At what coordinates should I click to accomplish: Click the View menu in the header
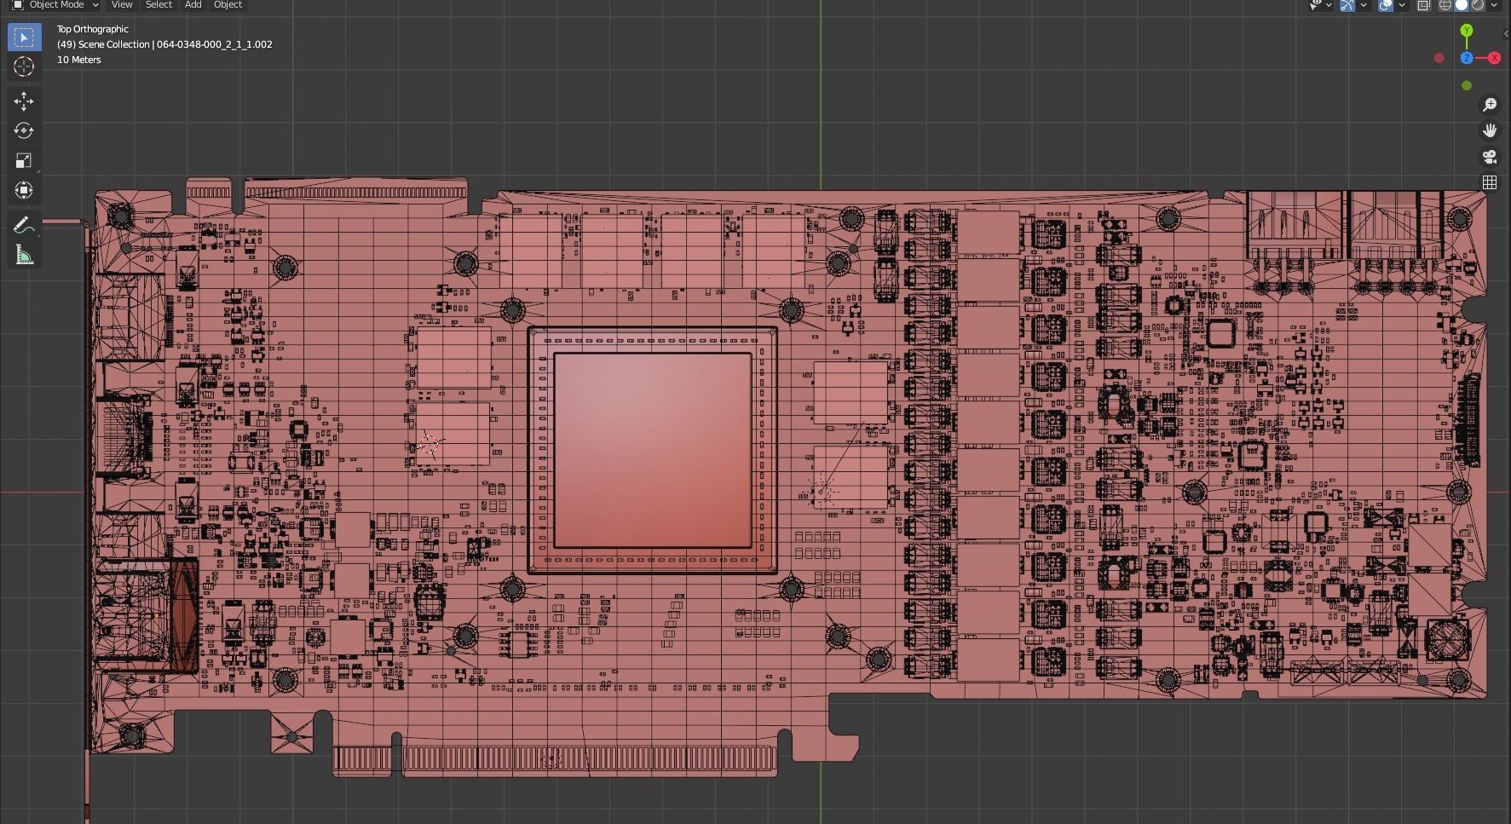pyautogui.click(x=122, y=5)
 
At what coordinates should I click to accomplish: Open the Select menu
pyautogui.click(x=159, y=5)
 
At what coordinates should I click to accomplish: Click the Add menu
pyautogui.click(x=193, y=5)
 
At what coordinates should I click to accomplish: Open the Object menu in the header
pyautogui.click(x=228, y=5)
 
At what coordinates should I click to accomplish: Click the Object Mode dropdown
pyautogui.click(x=55, y=5)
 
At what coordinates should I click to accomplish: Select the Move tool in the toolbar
pyautogui.click(x=24, y=101)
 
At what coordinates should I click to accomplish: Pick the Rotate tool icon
pyautogui.click(x=24, y=131)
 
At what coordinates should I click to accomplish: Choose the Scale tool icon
pyautogui.click(x=24, y=161)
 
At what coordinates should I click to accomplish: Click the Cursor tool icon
pyautogui.click(x=24, y=67)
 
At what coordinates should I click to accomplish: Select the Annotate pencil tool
pyautogui.click(x=23, y=225)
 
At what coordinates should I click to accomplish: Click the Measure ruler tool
pyautogui.click(x=24, y=255)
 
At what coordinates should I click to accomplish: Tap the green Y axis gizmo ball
pyautogui.click(x=1467, y=31)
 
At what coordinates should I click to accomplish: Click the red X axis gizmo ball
pyautogui.click(x=1494, y=58)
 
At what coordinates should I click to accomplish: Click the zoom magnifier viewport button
pyautogui.click(x=1490, y=105)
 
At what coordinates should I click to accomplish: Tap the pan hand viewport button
pyautogui.click(x=1490, y=130)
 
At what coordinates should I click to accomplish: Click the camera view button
pyautogui.click(x=1490, y=157)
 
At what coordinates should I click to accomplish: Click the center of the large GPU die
pyautogui.click(x=653, y=450)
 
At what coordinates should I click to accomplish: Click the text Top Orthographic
pyautogui.click(x=93, y=29)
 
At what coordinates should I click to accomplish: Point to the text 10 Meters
pyautogui.click(x=79, y=60)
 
